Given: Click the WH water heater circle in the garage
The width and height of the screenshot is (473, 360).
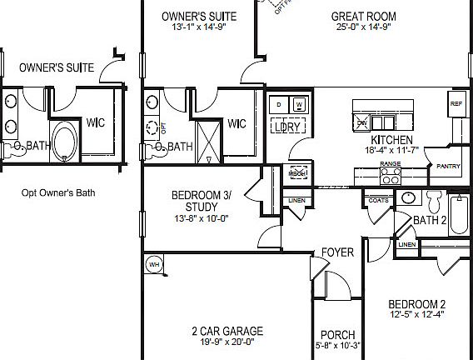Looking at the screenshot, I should tap(153, 264).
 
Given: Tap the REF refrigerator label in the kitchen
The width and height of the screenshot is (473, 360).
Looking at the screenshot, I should tap(456, 105).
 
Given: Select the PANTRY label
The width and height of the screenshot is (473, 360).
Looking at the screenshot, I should tap(447, 167).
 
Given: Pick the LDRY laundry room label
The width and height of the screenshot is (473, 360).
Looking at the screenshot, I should tap(288, 127).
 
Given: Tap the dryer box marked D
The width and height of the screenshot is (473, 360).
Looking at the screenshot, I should tap(279, 104).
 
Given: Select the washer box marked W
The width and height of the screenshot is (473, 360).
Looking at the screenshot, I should tap(299, 104).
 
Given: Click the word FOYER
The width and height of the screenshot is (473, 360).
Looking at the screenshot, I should tap(338, 252).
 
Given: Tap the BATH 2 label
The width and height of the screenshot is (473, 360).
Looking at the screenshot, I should tap(431, 221).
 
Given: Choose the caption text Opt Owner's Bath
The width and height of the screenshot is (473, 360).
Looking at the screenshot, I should tap(58, 192).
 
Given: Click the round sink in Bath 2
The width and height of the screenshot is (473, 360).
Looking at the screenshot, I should tap(407, 198).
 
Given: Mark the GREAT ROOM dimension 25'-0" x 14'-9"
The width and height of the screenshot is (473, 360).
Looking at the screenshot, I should tap(363, 27).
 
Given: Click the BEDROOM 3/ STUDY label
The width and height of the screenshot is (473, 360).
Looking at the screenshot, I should tap(201, 201).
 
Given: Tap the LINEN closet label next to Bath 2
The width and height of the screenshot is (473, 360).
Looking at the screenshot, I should tap(406, 244).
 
